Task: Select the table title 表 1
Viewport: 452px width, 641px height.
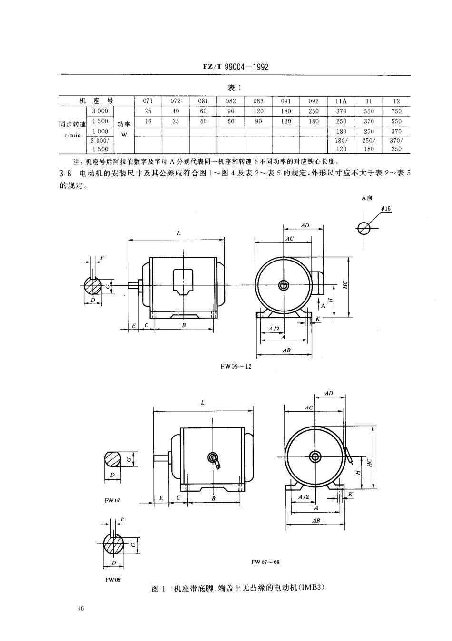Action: click(235, 88)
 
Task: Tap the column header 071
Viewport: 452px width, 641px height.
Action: click(148, 101)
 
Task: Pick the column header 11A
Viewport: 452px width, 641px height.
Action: click(341, 101)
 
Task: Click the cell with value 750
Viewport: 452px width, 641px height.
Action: click(396, 111)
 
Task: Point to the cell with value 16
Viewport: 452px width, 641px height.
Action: click(148, 121)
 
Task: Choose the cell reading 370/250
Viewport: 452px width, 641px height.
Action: click(396, 145)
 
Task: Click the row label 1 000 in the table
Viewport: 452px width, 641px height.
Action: click(100, 131)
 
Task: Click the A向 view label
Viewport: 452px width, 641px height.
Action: click(366, 198)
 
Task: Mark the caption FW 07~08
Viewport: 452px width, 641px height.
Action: click(265, 562)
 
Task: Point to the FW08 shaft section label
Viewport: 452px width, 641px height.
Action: click(109, 580)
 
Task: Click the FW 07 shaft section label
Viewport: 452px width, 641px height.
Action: click(113, 501)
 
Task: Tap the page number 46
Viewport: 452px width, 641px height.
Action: click(79, 608)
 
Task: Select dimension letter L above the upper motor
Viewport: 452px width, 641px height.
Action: click(178, 233)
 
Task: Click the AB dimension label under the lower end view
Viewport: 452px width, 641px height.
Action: click(316, 521)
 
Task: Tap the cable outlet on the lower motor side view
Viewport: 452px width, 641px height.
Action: click(213, 458)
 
